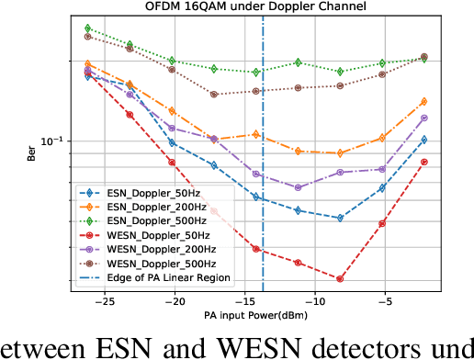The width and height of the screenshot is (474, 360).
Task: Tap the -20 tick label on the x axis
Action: click(173, 301)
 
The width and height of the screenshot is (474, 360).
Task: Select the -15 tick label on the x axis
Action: click(243, 301)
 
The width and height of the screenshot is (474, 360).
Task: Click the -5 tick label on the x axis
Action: click(385, 301)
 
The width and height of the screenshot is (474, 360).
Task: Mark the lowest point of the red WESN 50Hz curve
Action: click(340, 278)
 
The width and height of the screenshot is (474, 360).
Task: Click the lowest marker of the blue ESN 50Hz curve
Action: click(340, 219)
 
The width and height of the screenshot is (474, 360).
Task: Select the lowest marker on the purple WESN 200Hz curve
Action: click(299, 187)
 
